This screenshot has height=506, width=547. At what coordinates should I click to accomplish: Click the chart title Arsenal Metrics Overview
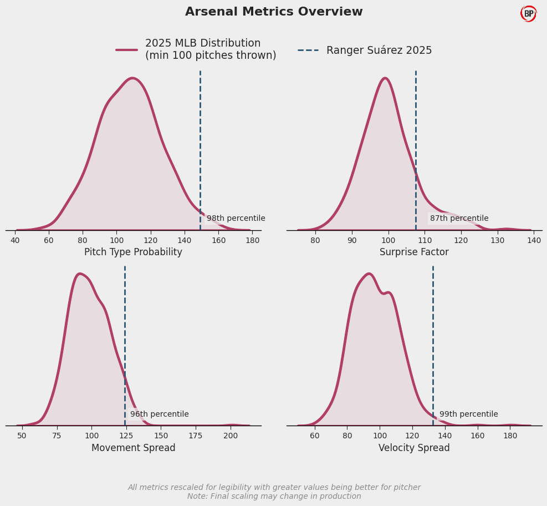[x=274, y=12]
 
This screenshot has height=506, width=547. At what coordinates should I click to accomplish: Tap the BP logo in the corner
[x=529, y=14]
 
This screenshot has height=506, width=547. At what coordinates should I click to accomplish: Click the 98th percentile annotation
[x=236, y=219]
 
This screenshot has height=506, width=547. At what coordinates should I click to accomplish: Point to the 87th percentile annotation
[x=459, y=219]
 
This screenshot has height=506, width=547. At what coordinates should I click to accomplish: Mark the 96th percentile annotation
[x=159, y=414]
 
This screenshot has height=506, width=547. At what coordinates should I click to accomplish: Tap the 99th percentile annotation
[x=468, y=414]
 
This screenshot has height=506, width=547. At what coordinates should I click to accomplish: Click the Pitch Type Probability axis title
[x=133, y=252]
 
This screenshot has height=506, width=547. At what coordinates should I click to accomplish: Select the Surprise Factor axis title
[x=414, y=252]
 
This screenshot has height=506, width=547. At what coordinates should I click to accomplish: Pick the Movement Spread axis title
[x=133, y=448]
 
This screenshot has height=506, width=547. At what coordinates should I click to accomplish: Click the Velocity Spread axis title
[x=414, y=448]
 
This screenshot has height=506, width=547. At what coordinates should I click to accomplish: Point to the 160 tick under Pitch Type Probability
[x=218, y=240]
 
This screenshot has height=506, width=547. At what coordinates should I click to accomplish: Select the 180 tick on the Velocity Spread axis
[x=510, y=436]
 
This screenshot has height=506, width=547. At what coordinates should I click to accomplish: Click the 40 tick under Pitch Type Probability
[x=15, y=240]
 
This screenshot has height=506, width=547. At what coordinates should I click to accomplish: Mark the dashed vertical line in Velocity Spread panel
[x=433, y=344]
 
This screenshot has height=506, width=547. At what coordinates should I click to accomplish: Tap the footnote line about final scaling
[x=274, y=497]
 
